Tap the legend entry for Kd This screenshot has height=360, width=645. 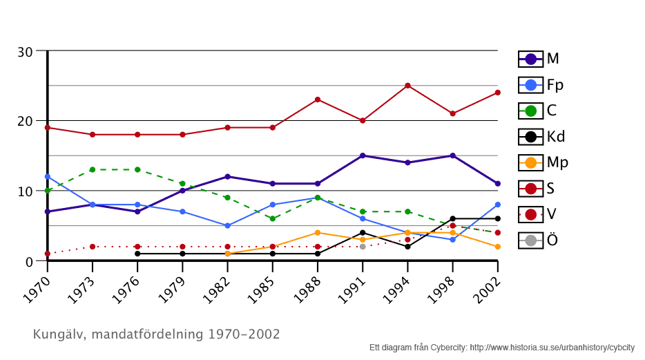541,137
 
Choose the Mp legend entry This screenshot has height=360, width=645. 543,162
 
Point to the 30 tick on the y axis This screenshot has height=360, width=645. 26,51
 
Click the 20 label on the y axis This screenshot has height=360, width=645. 26,121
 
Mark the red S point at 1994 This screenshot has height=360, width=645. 407,86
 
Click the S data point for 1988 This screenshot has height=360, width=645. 318,100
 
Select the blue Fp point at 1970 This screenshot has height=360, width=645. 48,177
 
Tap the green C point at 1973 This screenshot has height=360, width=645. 93,169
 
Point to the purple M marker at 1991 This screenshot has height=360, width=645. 363,155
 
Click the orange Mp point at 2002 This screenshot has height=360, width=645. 497,247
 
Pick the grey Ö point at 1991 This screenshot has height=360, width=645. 363,247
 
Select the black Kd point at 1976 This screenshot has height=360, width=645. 137,254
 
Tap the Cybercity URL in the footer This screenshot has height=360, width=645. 552,348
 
